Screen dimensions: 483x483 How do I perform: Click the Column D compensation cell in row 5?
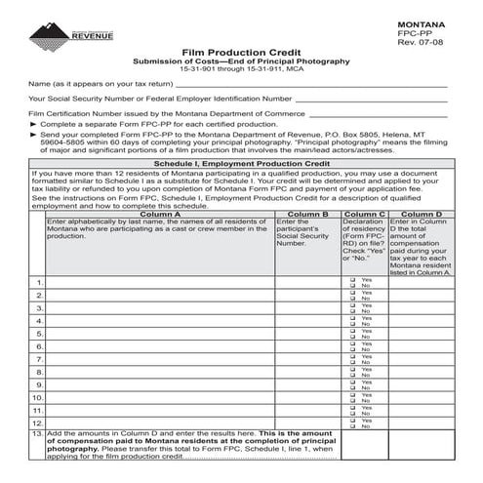421,334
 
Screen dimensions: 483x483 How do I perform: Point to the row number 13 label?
38,433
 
